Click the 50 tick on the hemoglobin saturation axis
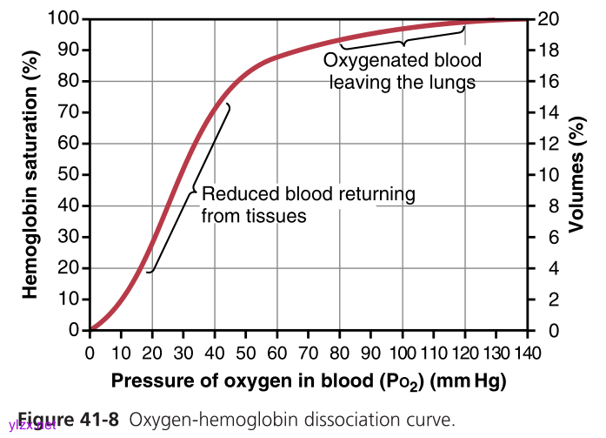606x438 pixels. [70, 175]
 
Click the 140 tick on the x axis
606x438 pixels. [528, 352]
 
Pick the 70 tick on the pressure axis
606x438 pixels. [309, 352]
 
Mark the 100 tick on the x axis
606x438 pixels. [403, 352]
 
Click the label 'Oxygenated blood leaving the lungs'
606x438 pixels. [401, 72]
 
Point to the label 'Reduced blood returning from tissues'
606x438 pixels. [308, 205]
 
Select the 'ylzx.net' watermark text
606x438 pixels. [32, 426]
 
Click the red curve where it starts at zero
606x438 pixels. [91, 329]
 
